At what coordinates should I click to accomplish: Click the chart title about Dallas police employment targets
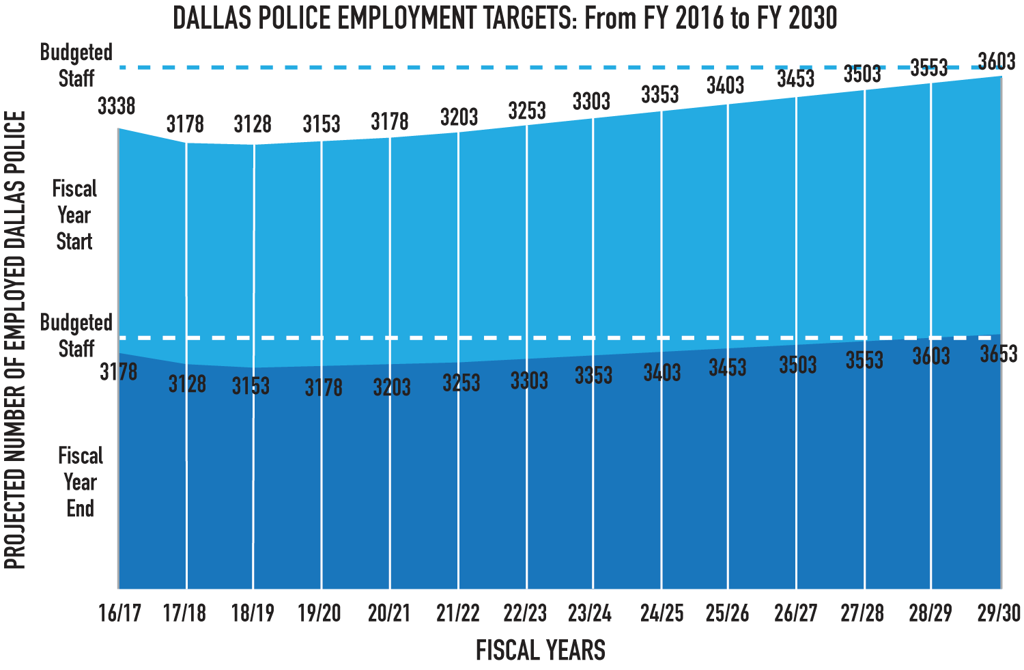[x=504, y=18]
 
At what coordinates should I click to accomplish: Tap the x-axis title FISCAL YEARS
[x=540, y=650]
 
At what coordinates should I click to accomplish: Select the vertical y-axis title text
[x=15, y=340]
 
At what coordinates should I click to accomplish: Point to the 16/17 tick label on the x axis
[x=120, y=613]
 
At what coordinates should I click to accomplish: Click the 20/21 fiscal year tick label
[x=389, y=613]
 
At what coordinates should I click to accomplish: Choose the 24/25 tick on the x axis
[x=662, y=613]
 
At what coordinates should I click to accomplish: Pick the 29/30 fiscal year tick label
[x=999, y=613]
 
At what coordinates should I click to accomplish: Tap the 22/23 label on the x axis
[x=525, y=613]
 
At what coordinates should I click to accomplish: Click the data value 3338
[x=117, y=106]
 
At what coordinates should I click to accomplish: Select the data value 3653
[x=998, y=354]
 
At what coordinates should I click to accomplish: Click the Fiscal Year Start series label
[x=74, y=215]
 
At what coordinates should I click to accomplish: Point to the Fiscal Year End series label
[x=80, y=482]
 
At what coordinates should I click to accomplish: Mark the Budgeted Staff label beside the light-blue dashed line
[x=76, y=65]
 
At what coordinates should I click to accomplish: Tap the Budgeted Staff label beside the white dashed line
[x=76, y=335]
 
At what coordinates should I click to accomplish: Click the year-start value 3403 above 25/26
[x=725, y=85]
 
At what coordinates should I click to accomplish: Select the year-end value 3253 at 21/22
[x=461, y=382]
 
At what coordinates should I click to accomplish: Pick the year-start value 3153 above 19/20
[x=321, y=124]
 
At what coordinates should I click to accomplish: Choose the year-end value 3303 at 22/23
[x=529, y=380]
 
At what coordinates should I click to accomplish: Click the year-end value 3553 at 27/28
[x=864, y=360]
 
